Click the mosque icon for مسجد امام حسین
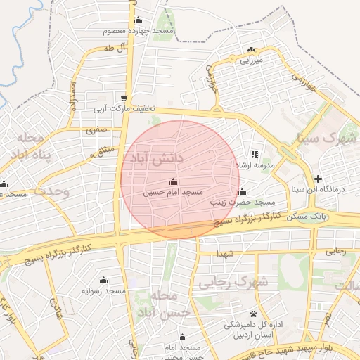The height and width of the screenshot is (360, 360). (174, 182)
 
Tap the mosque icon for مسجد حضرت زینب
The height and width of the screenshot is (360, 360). (242, 192)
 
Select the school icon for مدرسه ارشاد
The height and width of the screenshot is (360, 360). (255, 154)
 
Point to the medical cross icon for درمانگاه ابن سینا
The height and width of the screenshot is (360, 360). (318, 179)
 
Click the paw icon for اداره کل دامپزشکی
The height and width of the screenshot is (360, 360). (252, 314)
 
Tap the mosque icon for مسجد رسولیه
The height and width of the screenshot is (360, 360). (104, 280)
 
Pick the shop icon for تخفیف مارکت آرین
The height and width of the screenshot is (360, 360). (124, 98)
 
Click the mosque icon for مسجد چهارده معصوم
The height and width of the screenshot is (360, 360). (138, 20)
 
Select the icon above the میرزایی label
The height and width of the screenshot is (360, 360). (252, 49)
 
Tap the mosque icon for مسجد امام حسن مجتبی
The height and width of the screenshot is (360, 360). (183, 337)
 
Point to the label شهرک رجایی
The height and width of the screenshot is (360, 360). (233, 283)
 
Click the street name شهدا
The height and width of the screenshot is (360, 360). (226, 252)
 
